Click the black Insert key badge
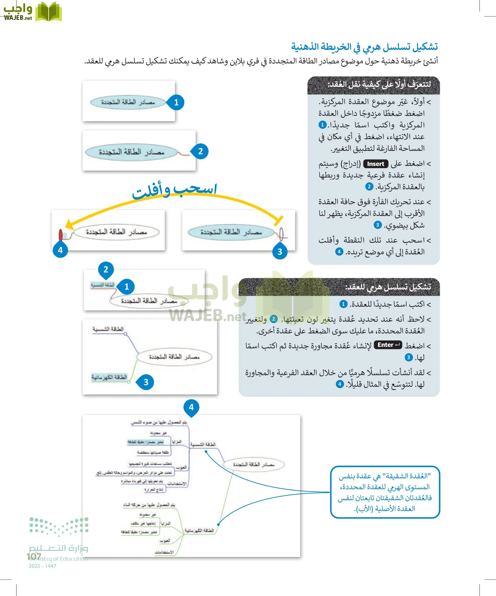click(x=376, y=164)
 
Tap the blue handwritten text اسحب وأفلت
click(x=174, y=191)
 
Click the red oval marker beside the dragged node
click(x=61, y=235)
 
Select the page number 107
click(x=34, y=556)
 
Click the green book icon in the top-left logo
click(x=49, y=12)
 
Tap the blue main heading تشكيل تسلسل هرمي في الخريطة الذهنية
click(x=364, y=47)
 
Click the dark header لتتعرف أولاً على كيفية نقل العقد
click(x=374, y=85)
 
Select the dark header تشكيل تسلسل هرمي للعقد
click(x=339, y=287)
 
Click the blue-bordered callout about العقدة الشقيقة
click(x=385, y=492)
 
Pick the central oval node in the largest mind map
click(x=254, y=464)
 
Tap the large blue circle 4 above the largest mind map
click(x=191, y=407)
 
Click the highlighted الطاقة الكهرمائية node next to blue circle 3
click(x=109, y=377)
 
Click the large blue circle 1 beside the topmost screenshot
click(x=176, y=102)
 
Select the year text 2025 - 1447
click(x=42, y=566)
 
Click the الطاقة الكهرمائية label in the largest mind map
click(x=199, y=530)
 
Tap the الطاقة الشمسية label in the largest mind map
click(x=203, y=444)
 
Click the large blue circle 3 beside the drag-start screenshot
click(x=280, y=252)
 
